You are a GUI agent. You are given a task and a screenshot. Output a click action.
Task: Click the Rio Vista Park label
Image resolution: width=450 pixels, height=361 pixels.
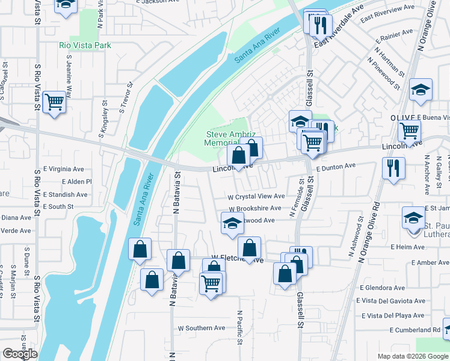point(85,45)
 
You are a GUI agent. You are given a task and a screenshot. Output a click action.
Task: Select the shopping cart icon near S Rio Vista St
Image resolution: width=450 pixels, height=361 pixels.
point(54,102)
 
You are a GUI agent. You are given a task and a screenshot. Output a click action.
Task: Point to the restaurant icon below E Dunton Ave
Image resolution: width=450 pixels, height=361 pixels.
point(393,168)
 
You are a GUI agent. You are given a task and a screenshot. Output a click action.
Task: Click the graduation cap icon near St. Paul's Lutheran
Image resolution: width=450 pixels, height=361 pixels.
point(414,218)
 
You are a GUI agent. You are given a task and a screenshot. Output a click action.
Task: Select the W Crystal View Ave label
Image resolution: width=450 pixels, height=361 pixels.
point(256,197)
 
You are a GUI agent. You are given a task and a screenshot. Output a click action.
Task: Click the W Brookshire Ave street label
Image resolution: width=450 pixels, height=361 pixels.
point(254,208)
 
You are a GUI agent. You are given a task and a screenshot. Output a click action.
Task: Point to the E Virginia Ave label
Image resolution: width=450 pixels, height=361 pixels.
point(63,170)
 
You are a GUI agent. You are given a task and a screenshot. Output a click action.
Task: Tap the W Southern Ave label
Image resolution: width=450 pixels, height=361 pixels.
point(201,329)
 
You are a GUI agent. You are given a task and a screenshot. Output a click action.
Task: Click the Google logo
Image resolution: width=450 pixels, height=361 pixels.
point(20,354)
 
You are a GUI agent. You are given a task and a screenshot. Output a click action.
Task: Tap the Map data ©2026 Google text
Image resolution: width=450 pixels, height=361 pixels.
point(413,356)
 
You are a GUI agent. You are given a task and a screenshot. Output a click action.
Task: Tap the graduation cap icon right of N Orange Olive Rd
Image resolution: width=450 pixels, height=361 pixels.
point(421,91)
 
